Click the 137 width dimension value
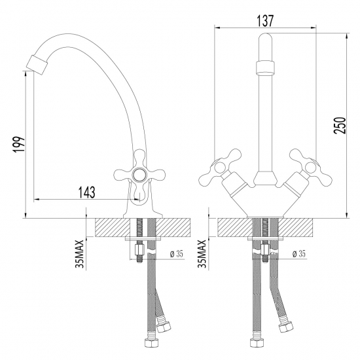point(264,20)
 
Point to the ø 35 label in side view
point(175,254)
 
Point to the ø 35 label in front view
point(298,254)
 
